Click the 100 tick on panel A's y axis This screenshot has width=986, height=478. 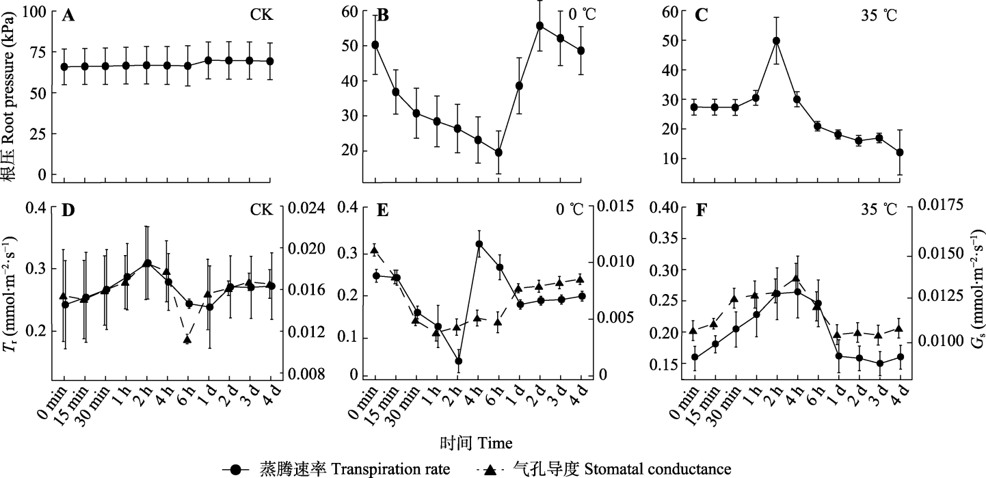tap(41, 12)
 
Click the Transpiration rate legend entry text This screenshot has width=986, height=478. tap(355, 469)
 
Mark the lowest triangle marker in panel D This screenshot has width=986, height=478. tap(187, 339)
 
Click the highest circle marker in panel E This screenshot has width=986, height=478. tap(479, 244)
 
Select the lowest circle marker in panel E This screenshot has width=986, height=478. tap(458, 361)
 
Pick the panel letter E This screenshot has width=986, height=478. tap(383, 211)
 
